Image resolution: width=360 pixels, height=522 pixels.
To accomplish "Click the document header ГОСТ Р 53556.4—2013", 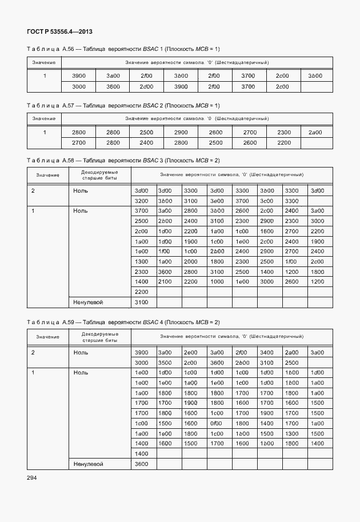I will click(59, 31).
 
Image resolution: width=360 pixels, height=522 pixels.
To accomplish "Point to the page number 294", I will click(32, 477).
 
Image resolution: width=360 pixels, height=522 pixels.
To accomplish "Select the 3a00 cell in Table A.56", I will click(113, 75).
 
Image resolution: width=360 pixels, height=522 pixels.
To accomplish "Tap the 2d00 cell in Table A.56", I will click(146, 86).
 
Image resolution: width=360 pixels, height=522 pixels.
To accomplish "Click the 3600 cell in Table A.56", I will click(113, 86).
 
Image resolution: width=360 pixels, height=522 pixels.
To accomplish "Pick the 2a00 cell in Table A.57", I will click(315, 132).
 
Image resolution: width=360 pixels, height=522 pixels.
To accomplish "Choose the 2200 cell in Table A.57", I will click(283, 142).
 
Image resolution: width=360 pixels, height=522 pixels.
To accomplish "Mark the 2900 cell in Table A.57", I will click(181, 132).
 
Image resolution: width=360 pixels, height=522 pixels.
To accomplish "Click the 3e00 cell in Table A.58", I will click(217, 201).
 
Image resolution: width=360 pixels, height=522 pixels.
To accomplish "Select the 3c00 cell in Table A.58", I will click(267, 201).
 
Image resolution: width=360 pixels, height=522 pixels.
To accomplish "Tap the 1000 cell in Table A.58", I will click(217, 282).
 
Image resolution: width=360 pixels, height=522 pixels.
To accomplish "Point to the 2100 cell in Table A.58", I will click(165, 282).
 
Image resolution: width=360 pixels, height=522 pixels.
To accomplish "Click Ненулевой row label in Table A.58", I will click(88, 302).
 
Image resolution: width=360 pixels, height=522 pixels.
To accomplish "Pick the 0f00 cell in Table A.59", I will click(217, 423).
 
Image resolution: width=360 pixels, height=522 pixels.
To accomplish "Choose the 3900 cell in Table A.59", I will click(141, 352).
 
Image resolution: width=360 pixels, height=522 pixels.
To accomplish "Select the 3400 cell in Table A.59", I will click(267, 352).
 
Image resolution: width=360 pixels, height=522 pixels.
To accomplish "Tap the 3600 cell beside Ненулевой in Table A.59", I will click(141, 464).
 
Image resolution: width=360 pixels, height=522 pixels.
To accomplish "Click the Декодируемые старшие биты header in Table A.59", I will click(99, 337).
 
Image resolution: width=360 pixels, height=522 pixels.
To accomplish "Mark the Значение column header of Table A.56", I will click(44, 62).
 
